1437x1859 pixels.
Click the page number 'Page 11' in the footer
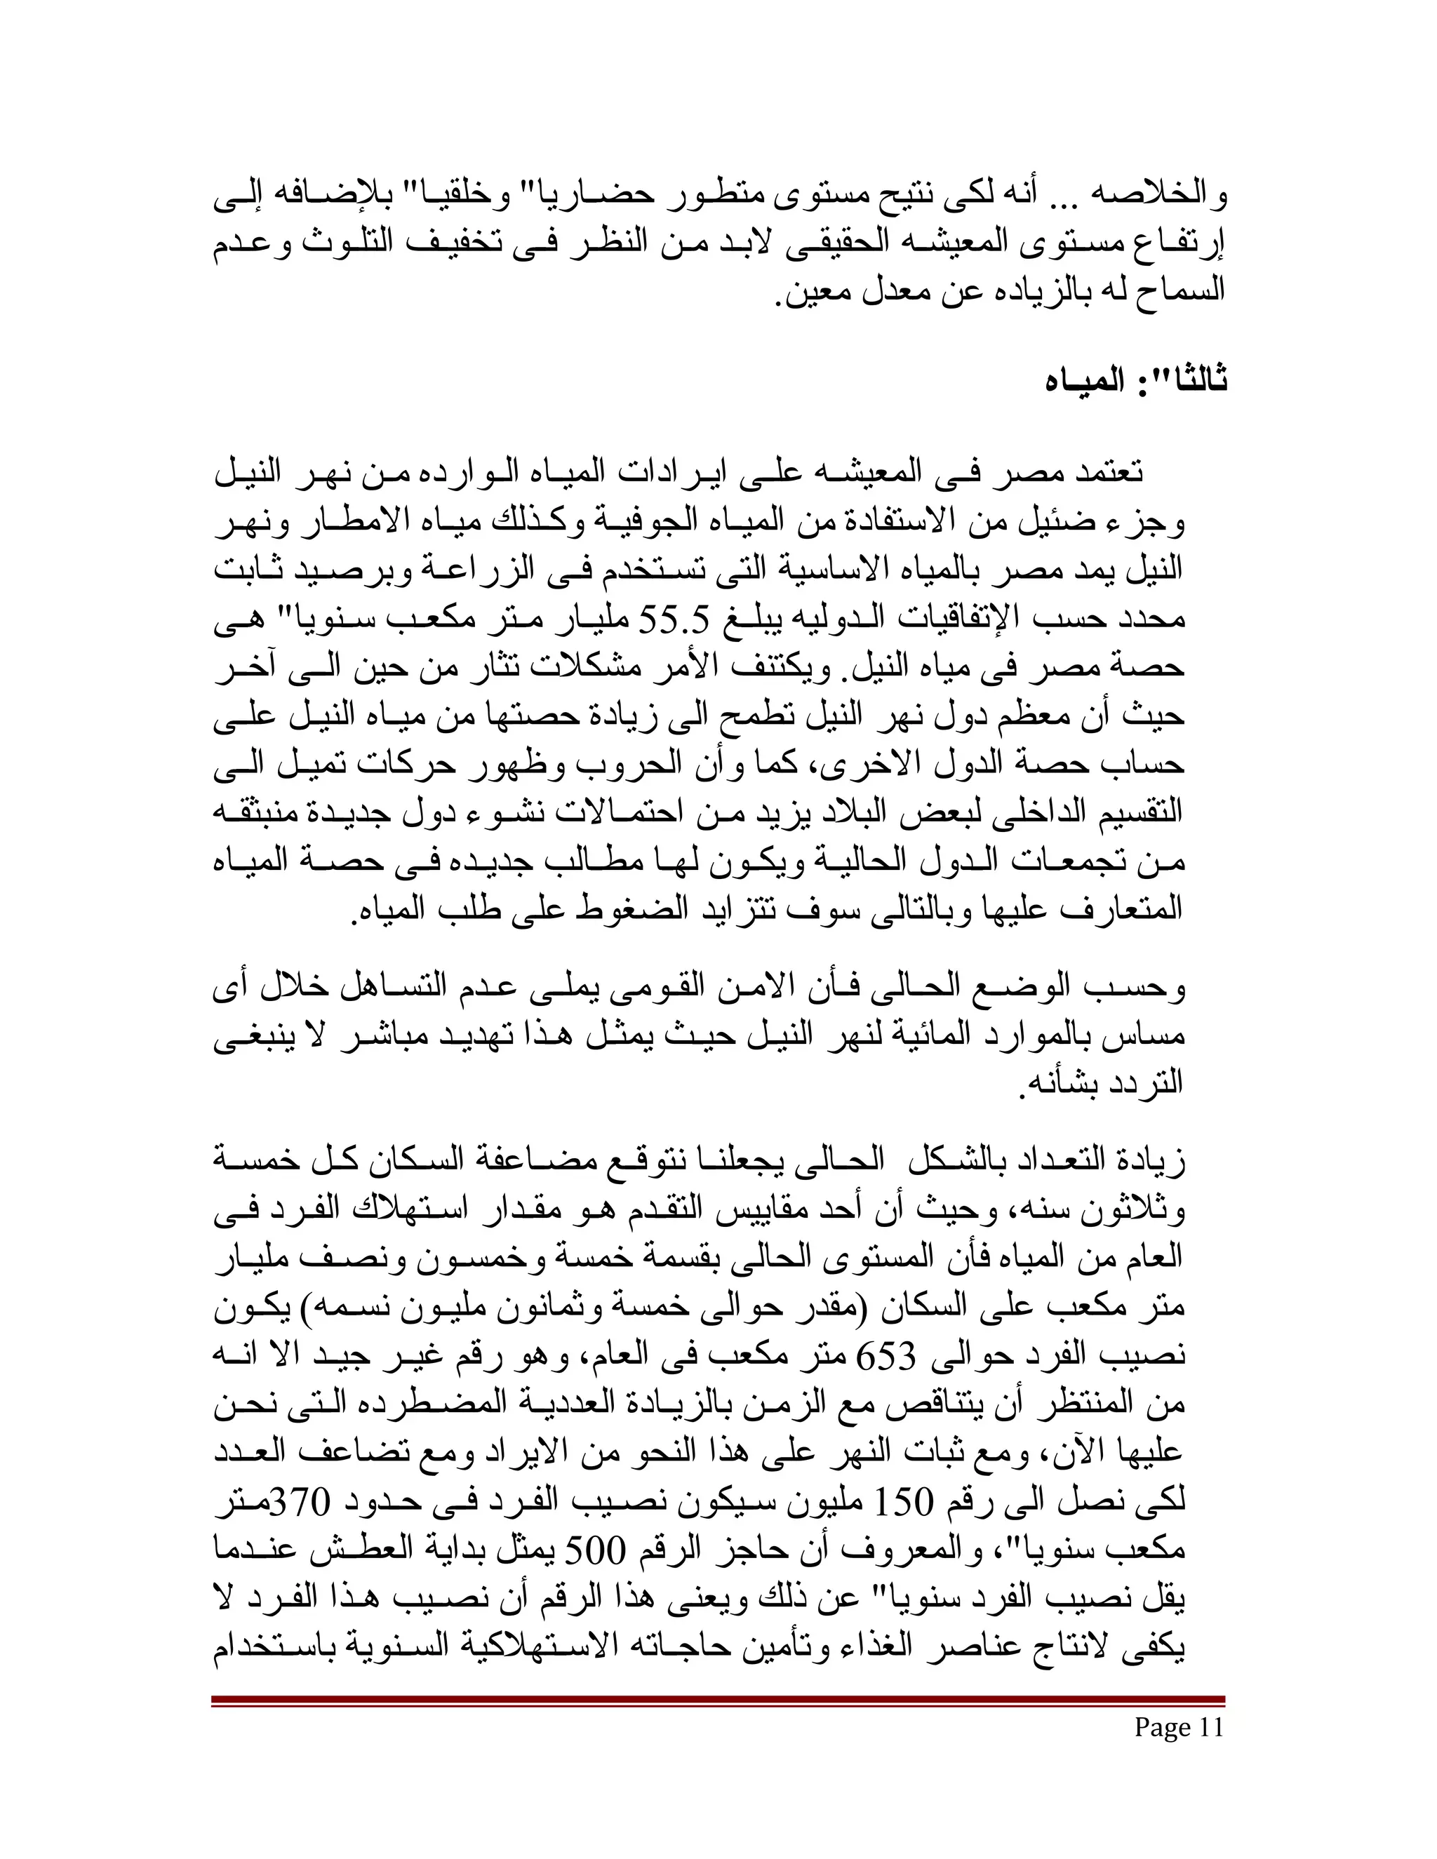(1178, 1727)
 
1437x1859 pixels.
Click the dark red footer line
(718, 1700)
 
